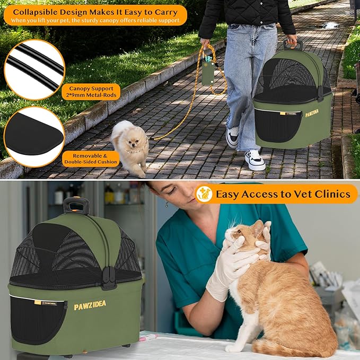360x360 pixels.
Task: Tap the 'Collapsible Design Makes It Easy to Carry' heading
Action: [x=95, y=11]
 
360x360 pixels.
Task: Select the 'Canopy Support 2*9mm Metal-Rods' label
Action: [x=91, y=92]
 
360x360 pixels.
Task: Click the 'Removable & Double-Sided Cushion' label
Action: [x=90, y=158]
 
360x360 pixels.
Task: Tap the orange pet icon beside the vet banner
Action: [x=204, y=194]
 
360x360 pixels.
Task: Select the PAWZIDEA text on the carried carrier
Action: [x=312, y=113]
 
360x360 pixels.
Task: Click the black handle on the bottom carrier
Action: [x=76, y=205]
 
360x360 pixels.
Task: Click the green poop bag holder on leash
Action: [x=208, y=74]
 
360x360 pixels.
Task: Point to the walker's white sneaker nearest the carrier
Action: [x=254, y=160]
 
